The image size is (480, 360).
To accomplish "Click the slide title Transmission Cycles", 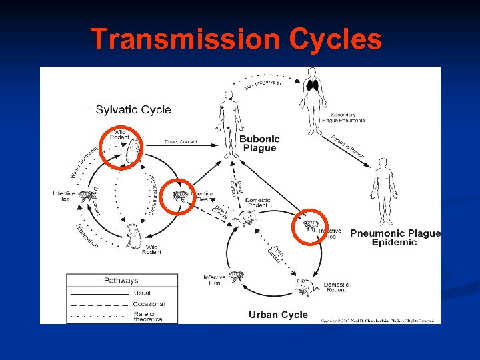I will point(236,39).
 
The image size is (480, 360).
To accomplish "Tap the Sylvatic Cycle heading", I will point(133,110).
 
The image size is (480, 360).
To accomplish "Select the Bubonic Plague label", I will point(259,143).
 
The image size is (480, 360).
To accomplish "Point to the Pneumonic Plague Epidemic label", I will point(395,238).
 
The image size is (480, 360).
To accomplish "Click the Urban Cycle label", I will point(278,315).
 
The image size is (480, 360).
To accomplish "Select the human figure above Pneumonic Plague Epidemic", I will point(383,183).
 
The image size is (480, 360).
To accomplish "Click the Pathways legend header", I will point(121,281).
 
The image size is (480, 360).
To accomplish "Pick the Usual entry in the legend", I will point(142,293).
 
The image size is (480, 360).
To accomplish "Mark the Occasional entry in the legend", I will point(149,304).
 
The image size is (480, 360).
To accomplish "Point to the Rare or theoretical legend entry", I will point(149,316).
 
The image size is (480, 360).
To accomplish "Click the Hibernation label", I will point(86,236).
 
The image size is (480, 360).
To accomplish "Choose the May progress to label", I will point(263,82).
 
